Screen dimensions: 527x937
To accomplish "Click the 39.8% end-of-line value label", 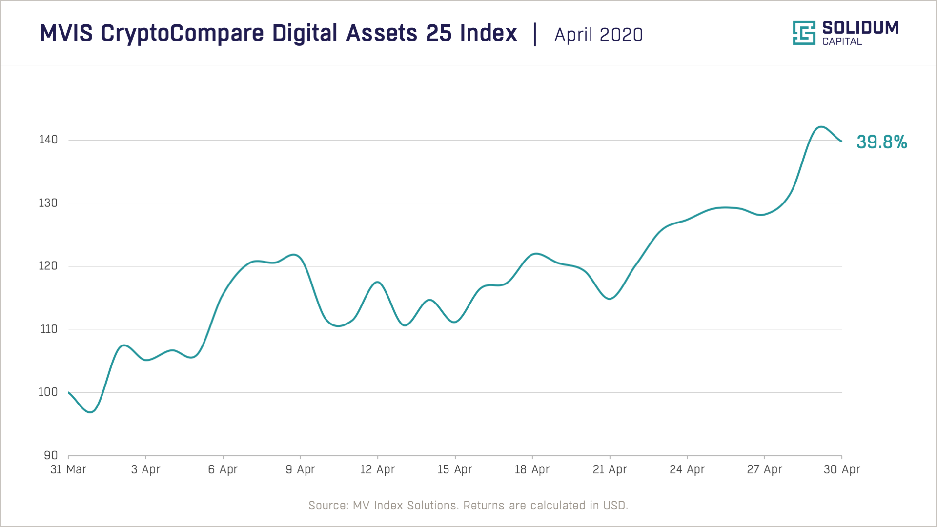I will coord(881,142).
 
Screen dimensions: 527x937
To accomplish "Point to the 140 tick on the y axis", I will coord(48,140).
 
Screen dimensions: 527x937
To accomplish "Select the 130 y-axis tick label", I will coord(48,203).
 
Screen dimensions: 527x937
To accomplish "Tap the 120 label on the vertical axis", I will coord(48,266).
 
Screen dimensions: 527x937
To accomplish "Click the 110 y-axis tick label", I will coord(49,329).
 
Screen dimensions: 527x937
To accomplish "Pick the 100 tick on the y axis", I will coord(48,392).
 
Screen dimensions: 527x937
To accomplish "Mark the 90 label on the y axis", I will coord(51,455).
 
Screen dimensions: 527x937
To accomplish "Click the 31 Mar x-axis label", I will coord(68,469).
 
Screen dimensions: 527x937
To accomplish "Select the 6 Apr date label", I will coord(223,469).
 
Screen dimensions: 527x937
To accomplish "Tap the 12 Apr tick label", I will coord(377,469).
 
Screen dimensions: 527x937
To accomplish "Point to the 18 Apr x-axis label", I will coord(532,469).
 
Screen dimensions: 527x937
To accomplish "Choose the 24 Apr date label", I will coord(687,469).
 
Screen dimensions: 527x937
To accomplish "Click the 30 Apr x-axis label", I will coord(842,469).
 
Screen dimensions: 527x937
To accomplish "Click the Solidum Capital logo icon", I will coord(804,33).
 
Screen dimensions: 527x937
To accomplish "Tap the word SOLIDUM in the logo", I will coord(860,28).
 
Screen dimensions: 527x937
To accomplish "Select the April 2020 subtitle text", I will coord(599,35).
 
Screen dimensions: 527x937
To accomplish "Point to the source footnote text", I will coord(468,506).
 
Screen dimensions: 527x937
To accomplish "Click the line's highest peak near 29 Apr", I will coord(821,127).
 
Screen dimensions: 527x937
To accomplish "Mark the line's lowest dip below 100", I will coord(91,412).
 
